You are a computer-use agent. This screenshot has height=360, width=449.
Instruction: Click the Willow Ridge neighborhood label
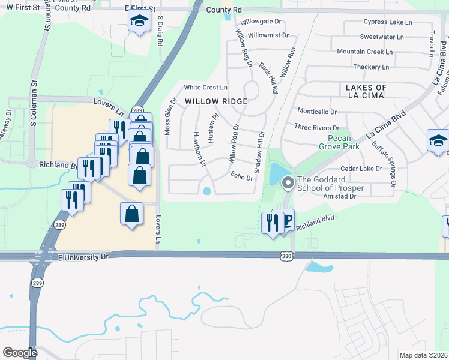tap(215, 101)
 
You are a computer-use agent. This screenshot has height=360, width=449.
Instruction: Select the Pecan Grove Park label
tap(339, 142)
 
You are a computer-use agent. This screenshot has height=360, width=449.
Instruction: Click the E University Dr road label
tap(84, 257)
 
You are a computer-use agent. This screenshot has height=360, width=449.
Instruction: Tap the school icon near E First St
tap(139, 22)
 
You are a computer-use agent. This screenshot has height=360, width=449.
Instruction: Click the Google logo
tap(20, 352)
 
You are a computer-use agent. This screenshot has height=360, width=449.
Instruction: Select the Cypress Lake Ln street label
tap(388, 22)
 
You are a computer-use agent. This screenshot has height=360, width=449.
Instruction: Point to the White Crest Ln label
tap(206, 88)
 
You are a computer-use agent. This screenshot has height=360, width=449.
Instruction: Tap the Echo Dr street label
tap(241, 176)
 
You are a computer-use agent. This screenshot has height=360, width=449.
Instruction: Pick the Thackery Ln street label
tap(372, 67)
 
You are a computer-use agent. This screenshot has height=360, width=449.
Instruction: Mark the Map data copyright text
tap(424, 355)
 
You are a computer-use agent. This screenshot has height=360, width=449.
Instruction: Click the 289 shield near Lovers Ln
tap(137, 110)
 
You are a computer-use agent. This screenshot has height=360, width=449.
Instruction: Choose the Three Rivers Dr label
tap(317, 127)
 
